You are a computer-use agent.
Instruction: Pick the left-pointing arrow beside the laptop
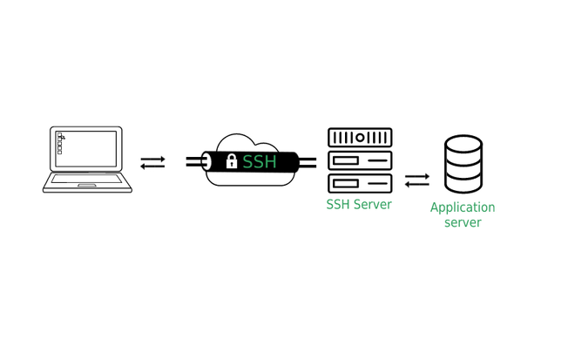(x=152, y=166)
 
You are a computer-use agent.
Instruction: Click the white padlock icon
(x=232, y=161)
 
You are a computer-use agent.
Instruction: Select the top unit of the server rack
(x=360, y=138)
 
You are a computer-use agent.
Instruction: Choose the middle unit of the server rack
(x=360, y=161)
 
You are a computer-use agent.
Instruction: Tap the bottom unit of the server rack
(x=360, y=183)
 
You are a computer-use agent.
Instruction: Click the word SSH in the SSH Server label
(x=338, y=204)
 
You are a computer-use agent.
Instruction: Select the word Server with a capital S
(x=373, y=204)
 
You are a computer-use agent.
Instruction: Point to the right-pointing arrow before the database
(x=417, y=176)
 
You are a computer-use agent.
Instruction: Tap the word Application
(x=463, y=208)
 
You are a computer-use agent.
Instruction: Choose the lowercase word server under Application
(x=463, y=223)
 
